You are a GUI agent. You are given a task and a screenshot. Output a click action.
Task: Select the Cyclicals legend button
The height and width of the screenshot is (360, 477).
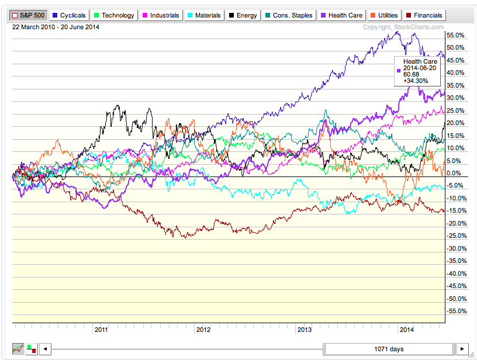click(x=68, y=15)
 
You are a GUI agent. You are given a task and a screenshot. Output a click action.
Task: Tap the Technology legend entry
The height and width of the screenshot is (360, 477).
click(x=113, y=15)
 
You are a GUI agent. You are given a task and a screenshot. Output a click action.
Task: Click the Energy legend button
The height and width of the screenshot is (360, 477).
click(x=243, y=15)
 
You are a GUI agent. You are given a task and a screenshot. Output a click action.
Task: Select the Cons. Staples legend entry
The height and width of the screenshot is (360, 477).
click(x=288, y=15)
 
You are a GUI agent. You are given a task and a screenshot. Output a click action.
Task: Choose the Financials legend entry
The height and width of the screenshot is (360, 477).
click(x=424, y=15)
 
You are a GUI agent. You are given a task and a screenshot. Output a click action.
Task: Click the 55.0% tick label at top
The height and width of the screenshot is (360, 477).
click(x=455, y=35)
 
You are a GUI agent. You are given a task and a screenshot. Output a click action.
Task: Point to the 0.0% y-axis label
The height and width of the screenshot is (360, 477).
click(x=454, y=174)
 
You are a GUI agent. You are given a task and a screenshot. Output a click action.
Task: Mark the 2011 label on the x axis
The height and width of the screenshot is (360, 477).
click(x=102, y=330)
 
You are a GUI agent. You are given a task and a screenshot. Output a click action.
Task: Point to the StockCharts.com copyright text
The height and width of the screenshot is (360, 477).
click(x=403, y=27)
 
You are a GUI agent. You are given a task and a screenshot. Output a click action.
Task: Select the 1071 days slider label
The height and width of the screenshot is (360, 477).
click(x=389, y=349)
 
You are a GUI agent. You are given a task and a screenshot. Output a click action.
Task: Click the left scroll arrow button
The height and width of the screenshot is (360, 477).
click(x=45, y=349)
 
